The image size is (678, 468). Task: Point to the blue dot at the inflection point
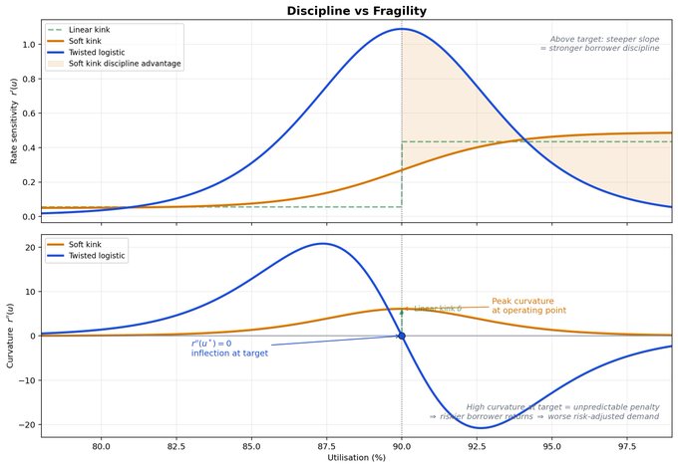click(402, 336)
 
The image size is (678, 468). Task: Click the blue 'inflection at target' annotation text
click(229, 352)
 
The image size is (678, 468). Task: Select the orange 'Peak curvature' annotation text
click(529, 306)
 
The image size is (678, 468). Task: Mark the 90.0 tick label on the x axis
click(402, 445)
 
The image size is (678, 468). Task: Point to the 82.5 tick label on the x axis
click(175, 445)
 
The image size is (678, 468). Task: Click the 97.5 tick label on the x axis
click(627, 445)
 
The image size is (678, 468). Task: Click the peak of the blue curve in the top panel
click(402, 29)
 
